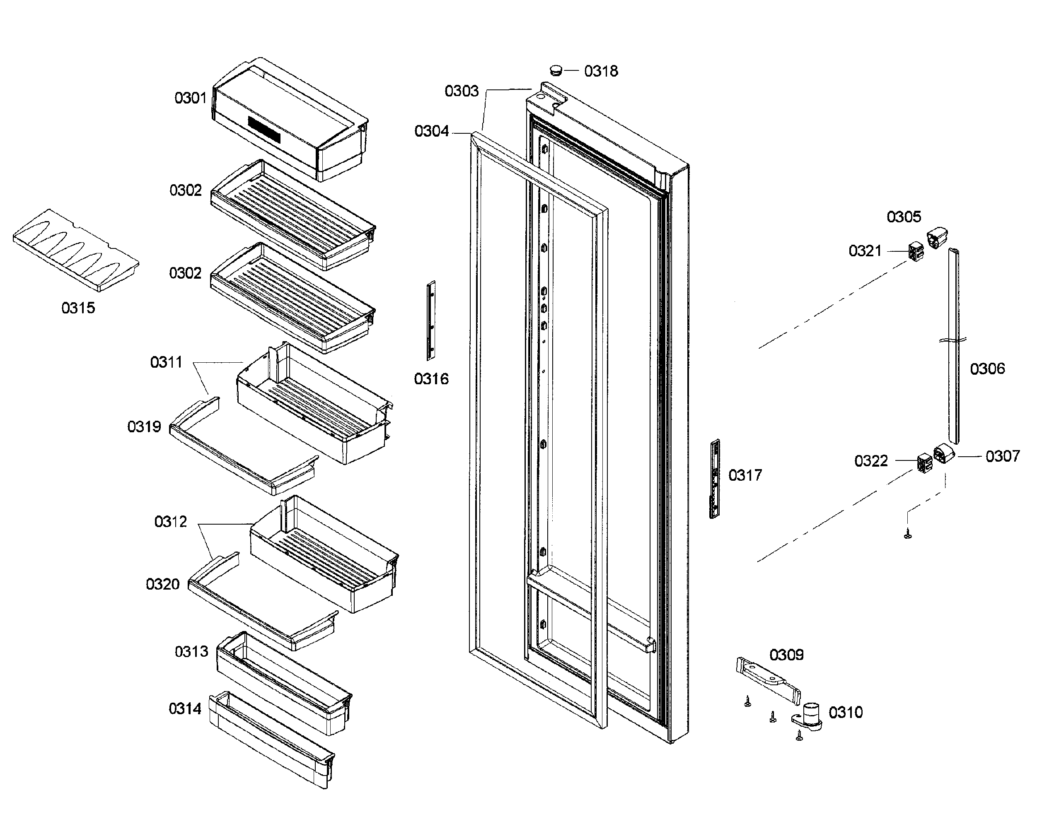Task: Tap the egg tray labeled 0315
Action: coord(76,250)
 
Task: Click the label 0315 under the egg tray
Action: coord(78,308)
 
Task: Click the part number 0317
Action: coord(745,475)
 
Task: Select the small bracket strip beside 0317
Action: coord(715,479)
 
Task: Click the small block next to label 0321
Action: coord(916,251)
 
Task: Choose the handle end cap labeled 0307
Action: coord(944,454)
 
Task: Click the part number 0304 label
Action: coord(431,131)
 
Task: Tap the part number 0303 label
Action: coord(462,91)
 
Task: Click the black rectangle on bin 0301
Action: coord(264,129)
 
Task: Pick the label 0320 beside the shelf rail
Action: coord(163,584)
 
